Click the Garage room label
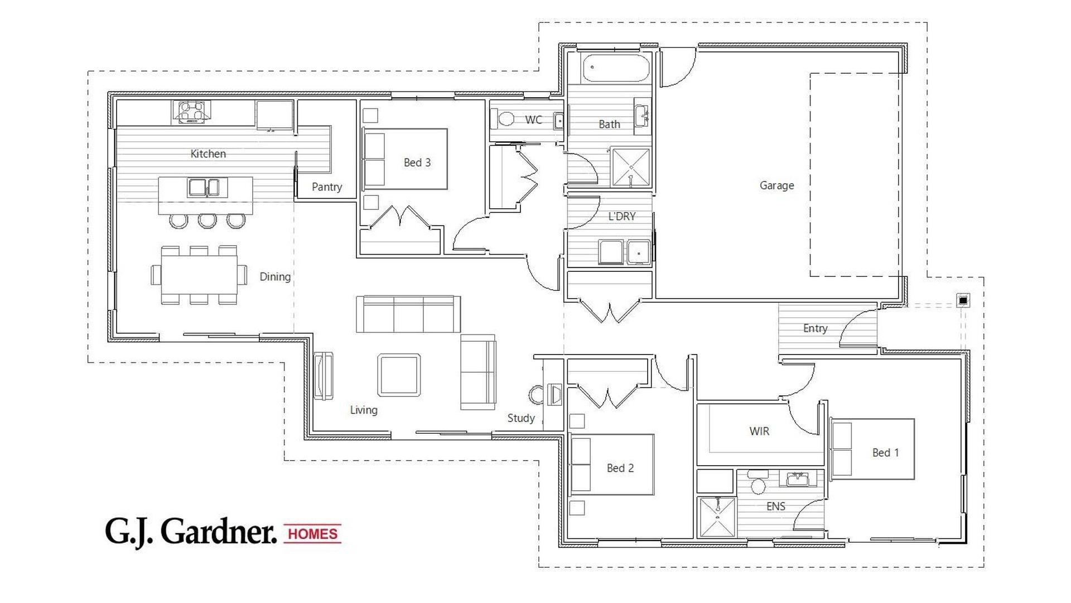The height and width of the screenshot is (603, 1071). pyautogui.click(x=776, y=185)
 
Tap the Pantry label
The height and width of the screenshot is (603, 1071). pyautogui.click(x=327, y=187)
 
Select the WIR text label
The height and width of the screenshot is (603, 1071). pyautogui.click(x=759, y=431)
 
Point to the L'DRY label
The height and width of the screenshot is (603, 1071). pyautogui.click(x=622, y=216)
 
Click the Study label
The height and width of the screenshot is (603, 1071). pyautogui.click(x=521, y=418)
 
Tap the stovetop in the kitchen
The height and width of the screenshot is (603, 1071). pyautogui.click(x=191, y=112)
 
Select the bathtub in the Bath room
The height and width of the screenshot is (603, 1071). pyautogui.click(x=616, y=68)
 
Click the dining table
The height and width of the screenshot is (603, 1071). pyautogui.click(x=199, y=275)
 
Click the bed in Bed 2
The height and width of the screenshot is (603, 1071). pyautogui.click(x=612, y=465)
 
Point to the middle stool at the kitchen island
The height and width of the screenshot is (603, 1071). pyautogui.click(x=207, y=221)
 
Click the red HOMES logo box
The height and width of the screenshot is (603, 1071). pyautogui.click(x=312, y=534)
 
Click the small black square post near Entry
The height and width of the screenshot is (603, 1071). pyautogui.click(x=963, y=300)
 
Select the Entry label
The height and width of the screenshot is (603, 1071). pyautogui.click(x=815, y=328)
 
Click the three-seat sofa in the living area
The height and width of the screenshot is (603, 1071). pyautogui.click(x=408, y=314)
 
